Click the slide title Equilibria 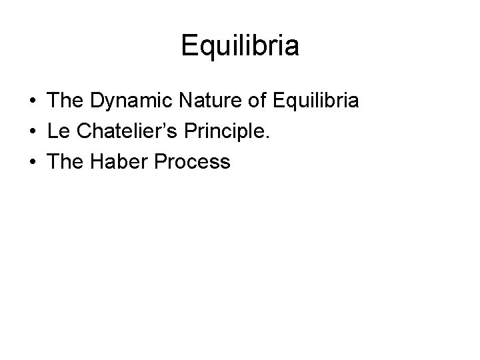(x=240, y=47)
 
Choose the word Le (x=58, y=132)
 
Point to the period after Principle (x=269, y=138)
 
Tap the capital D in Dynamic (x=95, y=102)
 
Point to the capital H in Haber (x=95, y=162)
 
